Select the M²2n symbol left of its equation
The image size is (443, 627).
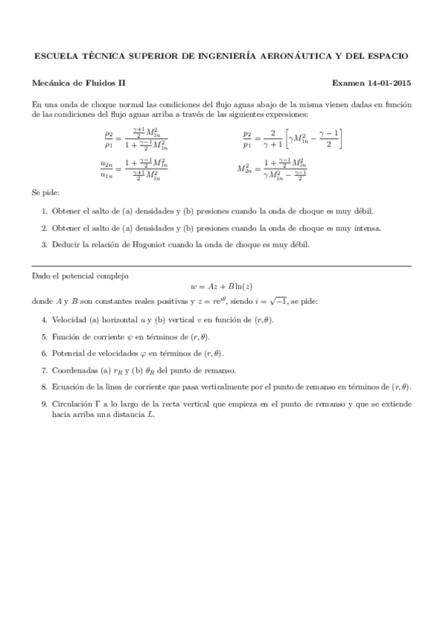click(244, 169)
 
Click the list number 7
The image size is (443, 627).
click(44, 370)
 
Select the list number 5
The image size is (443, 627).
click(44, 336)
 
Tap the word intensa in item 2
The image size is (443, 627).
click(367, 228)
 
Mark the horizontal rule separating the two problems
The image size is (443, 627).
click(222, 265)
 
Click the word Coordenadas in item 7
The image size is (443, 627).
click(74, 370)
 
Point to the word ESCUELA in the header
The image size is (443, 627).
click(55, 56)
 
